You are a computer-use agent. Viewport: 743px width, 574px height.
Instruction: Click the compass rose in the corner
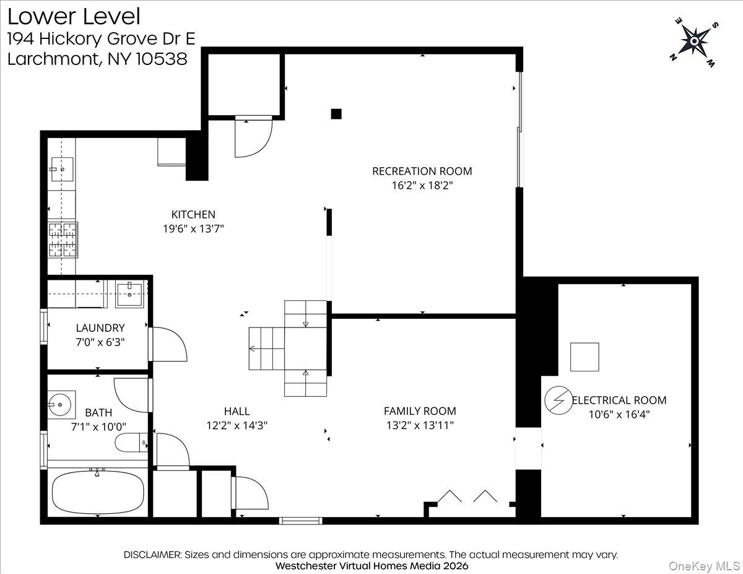(694, 41)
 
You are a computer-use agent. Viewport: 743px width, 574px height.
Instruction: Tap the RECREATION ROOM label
(422, 171)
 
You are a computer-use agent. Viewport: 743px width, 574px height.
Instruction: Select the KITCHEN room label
(193, 214)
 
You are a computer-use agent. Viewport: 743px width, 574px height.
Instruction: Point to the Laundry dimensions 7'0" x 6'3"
(100, 342)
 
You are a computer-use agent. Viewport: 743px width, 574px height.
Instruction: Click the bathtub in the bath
(97, 493)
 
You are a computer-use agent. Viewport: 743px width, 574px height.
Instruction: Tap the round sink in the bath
(61, 405)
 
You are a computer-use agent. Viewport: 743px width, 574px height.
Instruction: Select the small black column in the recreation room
(336, 113)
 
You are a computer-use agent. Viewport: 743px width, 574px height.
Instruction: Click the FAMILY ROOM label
(420, 411)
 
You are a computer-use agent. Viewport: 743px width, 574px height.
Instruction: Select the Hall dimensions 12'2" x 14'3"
(237, 426)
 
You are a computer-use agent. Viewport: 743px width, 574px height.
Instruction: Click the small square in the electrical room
(584, 357)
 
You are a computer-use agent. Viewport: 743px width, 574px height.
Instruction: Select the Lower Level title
(74, 17)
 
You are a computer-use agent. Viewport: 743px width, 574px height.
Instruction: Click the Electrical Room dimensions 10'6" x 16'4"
(619, 415)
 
